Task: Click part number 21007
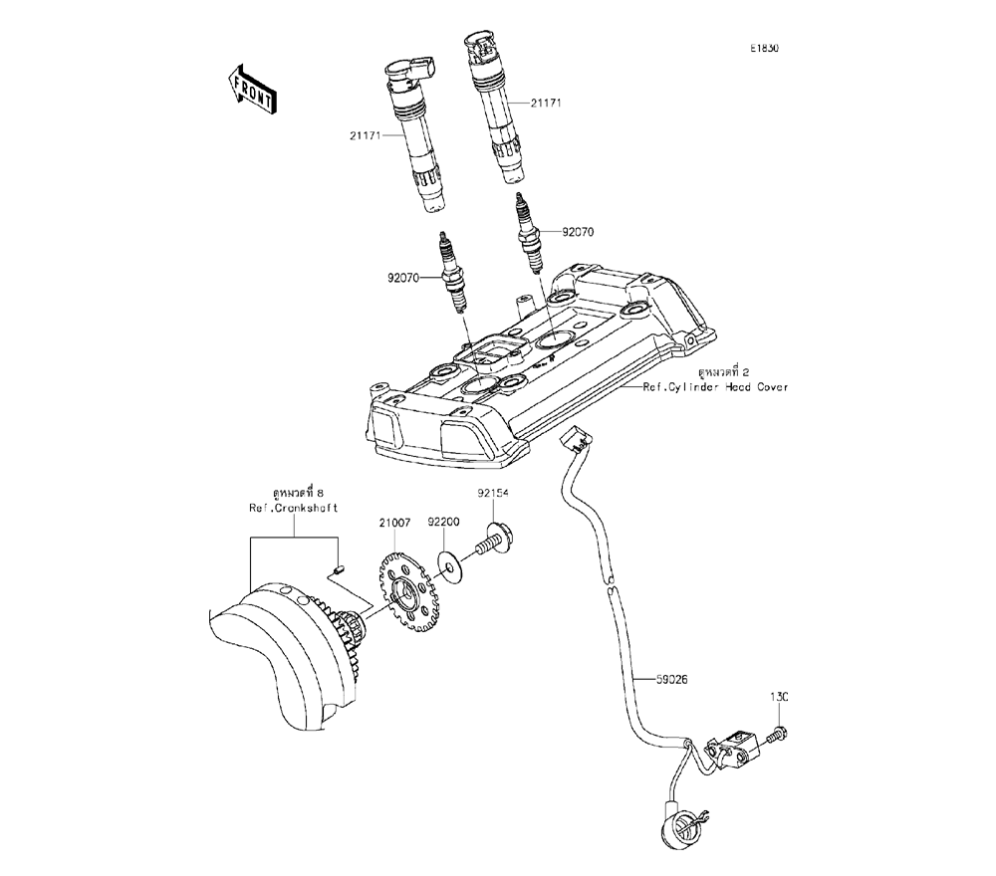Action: (394, 522)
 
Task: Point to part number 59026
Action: (673, 679)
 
